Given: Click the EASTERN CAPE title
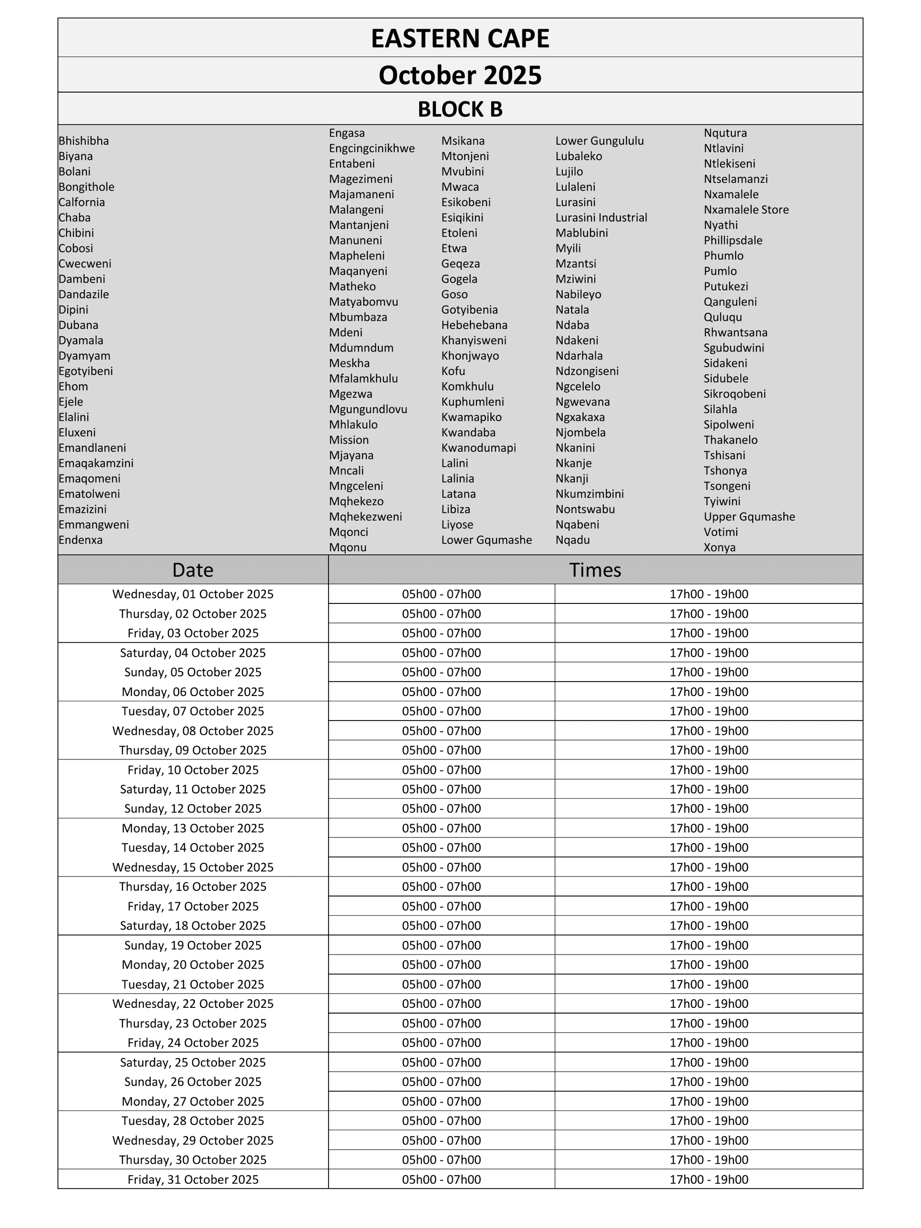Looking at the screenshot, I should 460,38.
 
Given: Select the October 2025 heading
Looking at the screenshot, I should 460,75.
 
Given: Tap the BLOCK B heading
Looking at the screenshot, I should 460,109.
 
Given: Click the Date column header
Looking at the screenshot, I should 193,570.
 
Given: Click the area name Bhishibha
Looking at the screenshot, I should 84,141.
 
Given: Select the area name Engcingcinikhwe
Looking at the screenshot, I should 371,148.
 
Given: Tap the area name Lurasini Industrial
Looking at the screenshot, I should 601,218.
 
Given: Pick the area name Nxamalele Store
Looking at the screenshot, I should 746,210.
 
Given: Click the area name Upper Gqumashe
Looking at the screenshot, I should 749,517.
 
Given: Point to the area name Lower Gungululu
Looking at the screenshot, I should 600,141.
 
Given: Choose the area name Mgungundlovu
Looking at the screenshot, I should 368,409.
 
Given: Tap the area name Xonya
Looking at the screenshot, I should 720,547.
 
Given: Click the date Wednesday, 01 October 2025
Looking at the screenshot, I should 193,594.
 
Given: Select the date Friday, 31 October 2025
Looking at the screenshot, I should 193,1180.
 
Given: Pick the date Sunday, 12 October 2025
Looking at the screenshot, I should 193,809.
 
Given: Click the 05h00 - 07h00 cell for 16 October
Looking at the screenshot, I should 441,886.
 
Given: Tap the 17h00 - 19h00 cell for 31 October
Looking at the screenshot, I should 708,1180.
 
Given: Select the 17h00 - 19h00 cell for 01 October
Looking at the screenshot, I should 708,594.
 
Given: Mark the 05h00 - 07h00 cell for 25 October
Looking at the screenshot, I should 441,1063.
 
